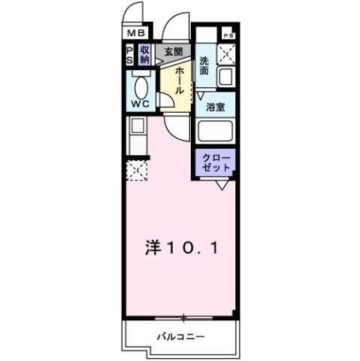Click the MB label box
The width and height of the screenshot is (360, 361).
click(135, 33)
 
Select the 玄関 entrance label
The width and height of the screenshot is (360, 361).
click(172, 51)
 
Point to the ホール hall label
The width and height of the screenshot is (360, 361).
click(180, 78)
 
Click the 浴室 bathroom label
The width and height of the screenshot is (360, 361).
click(215, 107)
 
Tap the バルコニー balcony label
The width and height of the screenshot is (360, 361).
click(180, 336)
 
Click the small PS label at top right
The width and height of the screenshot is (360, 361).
click(228, 35)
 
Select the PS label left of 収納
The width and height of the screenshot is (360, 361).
click(130, 54)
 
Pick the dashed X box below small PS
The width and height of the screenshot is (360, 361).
click(227, 53)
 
